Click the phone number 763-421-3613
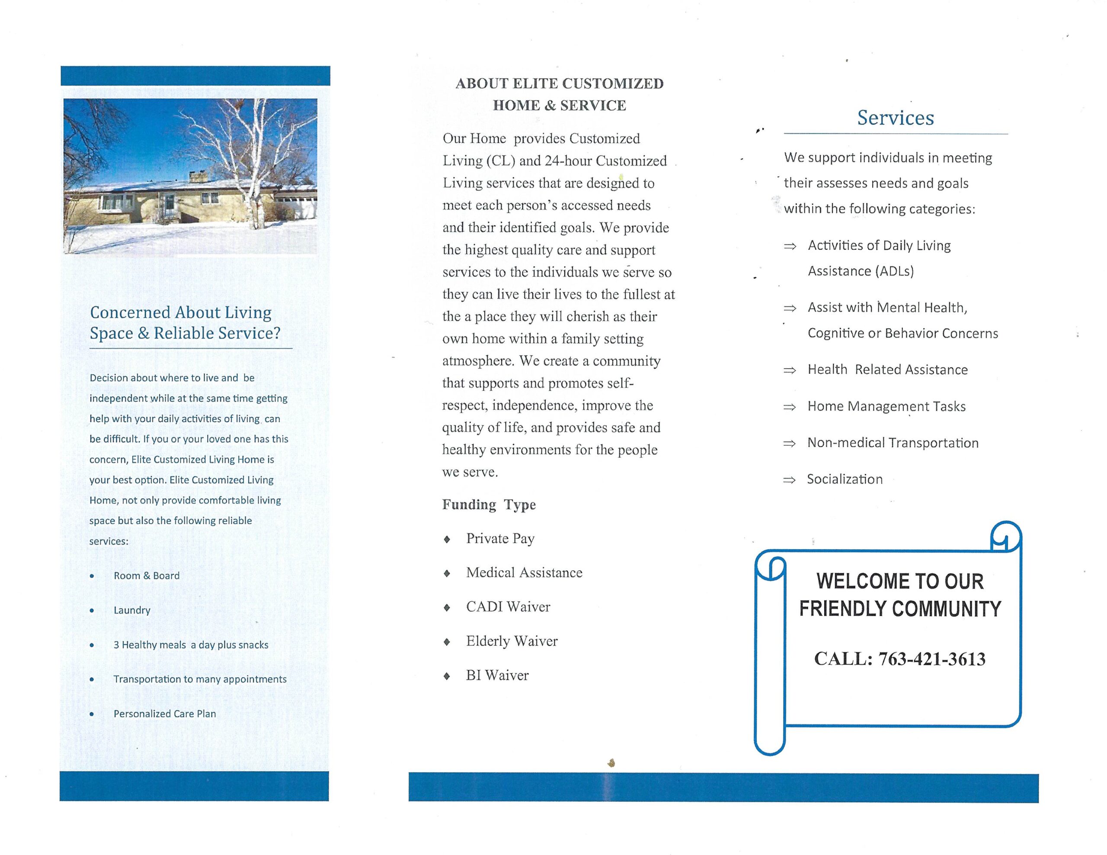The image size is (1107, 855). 931,659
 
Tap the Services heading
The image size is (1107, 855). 895,118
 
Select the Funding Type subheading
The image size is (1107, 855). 489,505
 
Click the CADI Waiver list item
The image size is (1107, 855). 508,607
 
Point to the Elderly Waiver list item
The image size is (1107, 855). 512,641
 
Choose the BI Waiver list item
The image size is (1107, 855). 497,675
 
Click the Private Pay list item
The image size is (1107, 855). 500,539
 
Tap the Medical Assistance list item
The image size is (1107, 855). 524,572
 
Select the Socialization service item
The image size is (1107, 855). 845,479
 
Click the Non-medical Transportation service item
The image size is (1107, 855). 893,443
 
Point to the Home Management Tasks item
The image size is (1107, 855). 886,406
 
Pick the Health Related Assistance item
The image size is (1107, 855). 887,370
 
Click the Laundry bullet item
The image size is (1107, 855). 132,610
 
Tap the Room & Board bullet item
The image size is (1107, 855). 147,575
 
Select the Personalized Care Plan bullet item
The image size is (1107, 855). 165,714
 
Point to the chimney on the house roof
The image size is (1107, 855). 195,177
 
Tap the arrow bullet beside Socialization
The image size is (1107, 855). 789,480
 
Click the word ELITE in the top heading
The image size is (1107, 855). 535,84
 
